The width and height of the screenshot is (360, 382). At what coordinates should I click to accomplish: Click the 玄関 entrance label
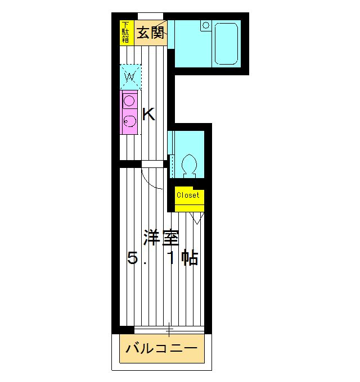click(149, 32)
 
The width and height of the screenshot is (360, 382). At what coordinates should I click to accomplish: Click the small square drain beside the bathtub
click(205, 25)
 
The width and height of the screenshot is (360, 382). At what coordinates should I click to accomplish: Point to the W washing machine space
click(130, 76)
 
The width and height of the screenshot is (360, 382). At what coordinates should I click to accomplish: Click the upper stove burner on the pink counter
click(129, 102)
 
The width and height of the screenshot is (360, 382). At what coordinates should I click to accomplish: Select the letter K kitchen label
click(148, 115)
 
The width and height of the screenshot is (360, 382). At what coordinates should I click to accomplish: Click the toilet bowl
click(189, 164)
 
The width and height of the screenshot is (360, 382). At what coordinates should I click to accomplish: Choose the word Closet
click(188, 195)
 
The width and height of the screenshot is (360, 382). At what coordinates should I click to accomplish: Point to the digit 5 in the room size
click(132, 259)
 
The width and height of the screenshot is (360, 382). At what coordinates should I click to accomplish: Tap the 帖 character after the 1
click(190, 259)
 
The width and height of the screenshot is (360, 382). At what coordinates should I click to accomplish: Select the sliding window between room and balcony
click(168, 330)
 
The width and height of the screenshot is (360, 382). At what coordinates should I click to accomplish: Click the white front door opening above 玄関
click(150, 15)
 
